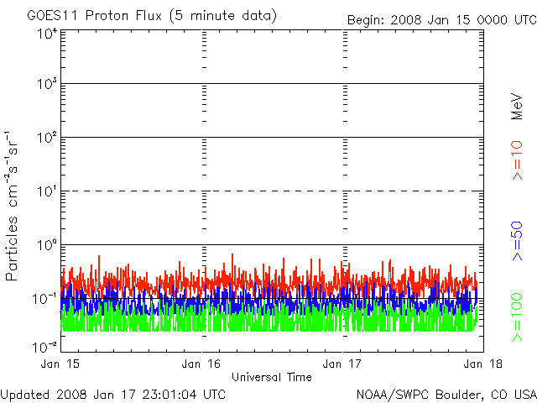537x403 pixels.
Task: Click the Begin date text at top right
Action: (x=441, y=19)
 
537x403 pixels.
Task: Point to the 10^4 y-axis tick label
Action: (x=46, y=34)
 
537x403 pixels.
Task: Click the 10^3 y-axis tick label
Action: (x=46, y=85)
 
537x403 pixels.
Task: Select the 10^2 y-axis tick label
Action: (x=46, y=139)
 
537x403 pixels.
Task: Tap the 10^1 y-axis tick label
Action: (x=46, y=192)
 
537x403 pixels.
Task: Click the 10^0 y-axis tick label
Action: (x=46, y=246)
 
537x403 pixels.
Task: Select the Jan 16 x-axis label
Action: (x=202, y=363)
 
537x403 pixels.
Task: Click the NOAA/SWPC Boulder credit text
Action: (x=446, y=393)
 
